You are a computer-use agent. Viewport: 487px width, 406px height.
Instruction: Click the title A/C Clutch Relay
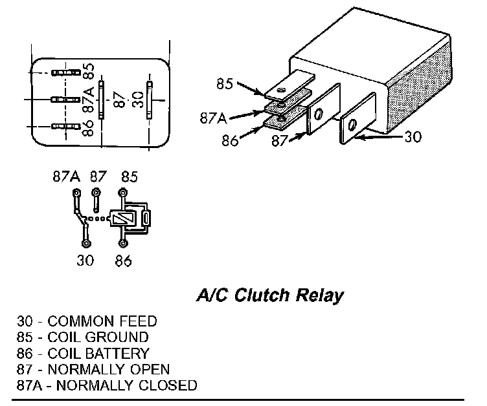click(269, 296)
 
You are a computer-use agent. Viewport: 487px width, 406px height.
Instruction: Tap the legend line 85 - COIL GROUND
click(84, 337)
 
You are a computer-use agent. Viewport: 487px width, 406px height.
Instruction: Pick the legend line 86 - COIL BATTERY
click(84, 354)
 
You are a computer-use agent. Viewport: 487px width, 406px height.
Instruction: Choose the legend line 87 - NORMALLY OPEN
click(93, 370)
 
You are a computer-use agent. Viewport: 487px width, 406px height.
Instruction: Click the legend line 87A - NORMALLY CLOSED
click(107, 386)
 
